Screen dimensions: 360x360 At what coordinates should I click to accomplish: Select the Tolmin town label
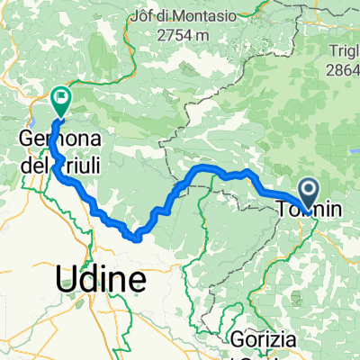coord(309,210)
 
